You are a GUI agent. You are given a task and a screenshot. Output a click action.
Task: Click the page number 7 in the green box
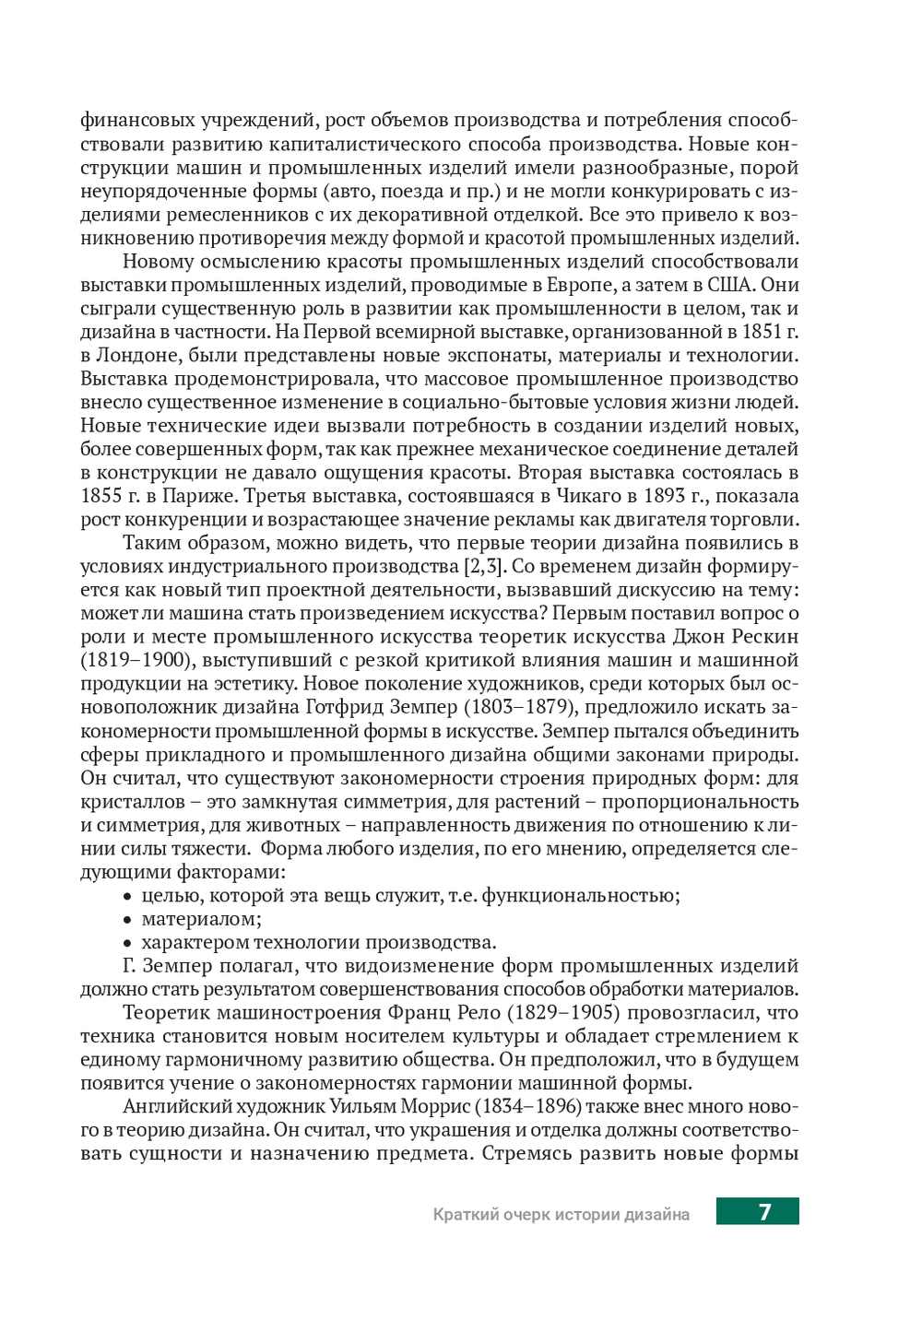click(764, 1212)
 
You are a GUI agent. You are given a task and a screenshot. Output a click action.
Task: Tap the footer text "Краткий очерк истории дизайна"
click(561, 1215)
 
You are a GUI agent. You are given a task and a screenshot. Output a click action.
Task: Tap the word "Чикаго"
click(588, 496)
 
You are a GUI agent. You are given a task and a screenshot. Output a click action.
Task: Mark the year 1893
click(665, 496)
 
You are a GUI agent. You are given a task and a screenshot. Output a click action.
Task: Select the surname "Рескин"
click(762, 637)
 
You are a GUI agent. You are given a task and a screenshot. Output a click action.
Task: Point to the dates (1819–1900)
click(134, 661)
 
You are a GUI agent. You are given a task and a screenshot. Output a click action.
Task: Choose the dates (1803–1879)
click(521, 708)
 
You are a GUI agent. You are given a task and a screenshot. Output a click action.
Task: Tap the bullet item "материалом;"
click(201, 919)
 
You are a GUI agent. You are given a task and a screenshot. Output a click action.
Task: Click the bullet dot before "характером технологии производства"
click(128, 943)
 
